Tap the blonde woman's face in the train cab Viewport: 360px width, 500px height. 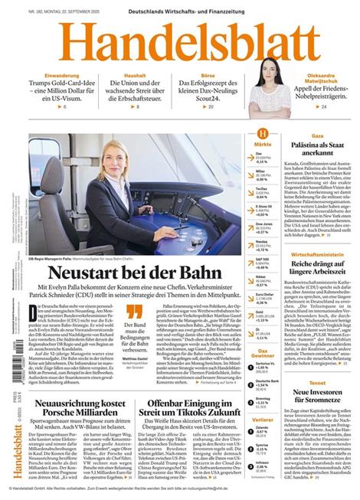pos(108,163)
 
